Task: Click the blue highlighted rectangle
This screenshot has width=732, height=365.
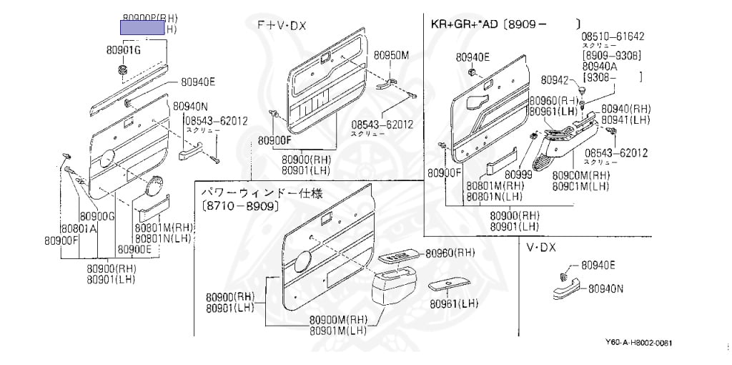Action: coord(142,29)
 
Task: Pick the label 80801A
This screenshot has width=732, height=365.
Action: coord(78,228)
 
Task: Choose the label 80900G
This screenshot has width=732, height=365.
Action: coord(97,216)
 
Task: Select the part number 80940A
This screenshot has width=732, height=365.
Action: coord(605,66)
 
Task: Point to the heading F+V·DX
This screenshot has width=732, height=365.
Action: coord(282,25)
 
